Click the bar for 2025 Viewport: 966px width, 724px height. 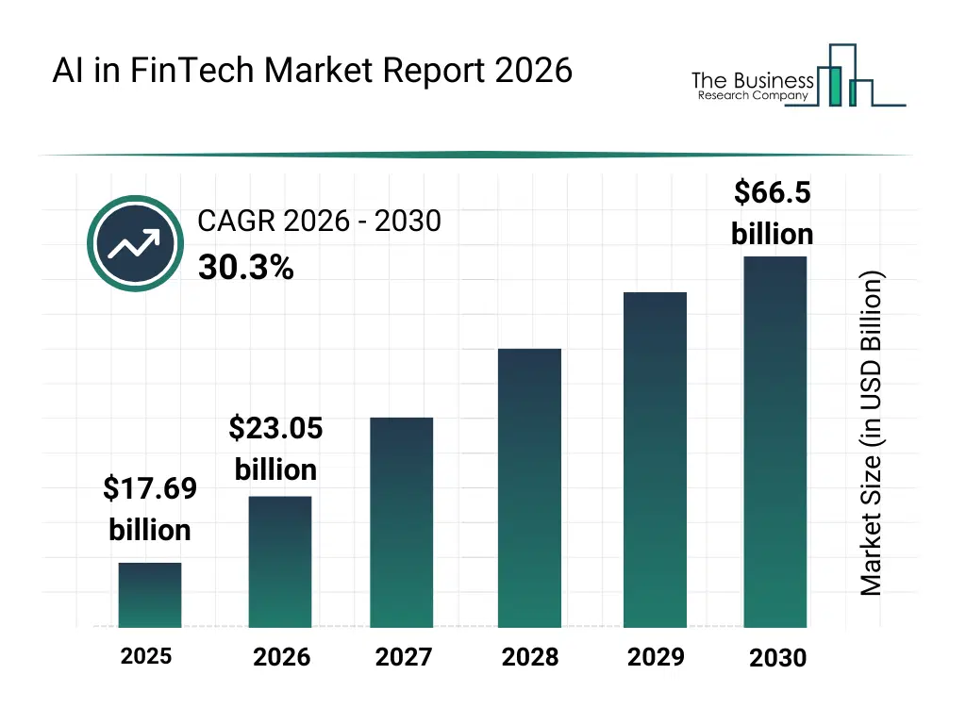tap(150, 595)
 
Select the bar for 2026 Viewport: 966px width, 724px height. tap(280, 562)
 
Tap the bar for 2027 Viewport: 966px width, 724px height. tap(402, 522)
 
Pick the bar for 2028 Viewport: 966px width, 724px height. tap(529, 488)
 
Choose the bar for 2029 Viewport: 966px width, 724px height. tap(655, 460)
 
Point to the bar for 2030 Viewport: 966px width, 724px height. tap(775, 442)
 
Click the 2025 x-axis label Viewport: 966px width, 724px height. tap(146, 656)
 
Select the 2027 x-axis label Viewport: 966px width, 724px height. tap(404, 657)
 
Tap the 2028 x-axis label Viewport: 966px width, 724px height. tap(529, 657)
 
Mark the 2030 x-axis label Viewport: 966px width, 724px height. tap(778, 658)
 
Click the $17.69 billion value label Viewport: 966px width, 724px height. tap(150, 509)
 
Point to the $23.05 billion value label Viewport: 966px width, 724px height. tap(275, 449)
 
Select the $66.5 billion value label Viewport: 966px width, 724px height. tap(773, 213)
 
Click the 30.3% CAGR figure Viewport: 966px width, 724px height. tap(245, 269)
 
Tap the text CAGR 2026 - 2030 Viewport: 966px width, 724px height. tap(319, 222)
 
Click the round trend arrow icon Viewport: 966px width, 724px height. tap(133, 244)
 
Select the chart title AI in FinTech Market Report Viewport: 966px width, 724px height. tap(312, 71)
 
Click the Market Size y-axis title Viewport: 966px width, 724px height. tap(872, 434)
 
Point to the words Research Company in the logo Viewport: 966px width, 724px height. tap(752, 96)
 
